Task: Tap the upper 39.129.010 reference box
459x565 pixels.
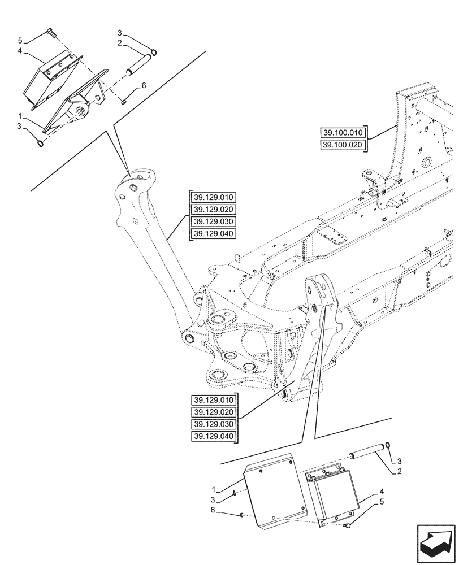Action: click(x=214, y=197)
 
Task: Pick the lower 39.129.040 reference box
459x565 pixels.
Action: click(x=214, y=437)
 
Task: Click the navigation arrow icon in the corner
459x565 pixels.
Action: click(x=435, y=542)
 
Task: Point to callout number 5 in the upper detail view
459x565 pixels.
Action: click(x=20, y=41)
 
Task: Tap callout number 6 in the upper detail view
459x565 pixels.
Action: click(x=143, y=85)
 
